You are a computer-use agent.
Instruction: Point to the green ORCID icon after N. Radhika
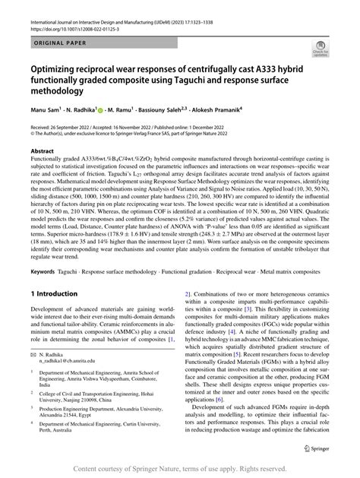click(101, 120)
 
